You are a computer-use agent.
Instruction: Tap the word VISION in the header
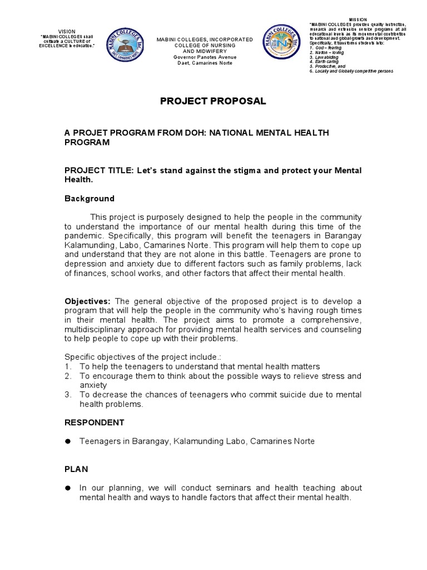point(66,32)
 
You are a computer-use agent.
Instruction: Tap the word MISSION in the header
point(357,19)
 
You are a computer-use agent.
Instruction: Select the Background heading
point(90,199)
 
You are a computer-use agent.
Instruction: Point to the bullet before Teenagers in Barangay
point(68,441)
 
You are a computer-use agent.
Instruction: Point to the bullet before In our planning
point(68,488)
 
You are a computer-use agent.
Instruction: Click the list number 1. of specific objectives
point(68,367)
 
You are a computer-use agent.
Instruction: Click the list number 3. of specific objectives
point(68,395)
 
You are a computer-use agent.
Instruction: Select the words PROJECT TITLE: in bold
point(97,170)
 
